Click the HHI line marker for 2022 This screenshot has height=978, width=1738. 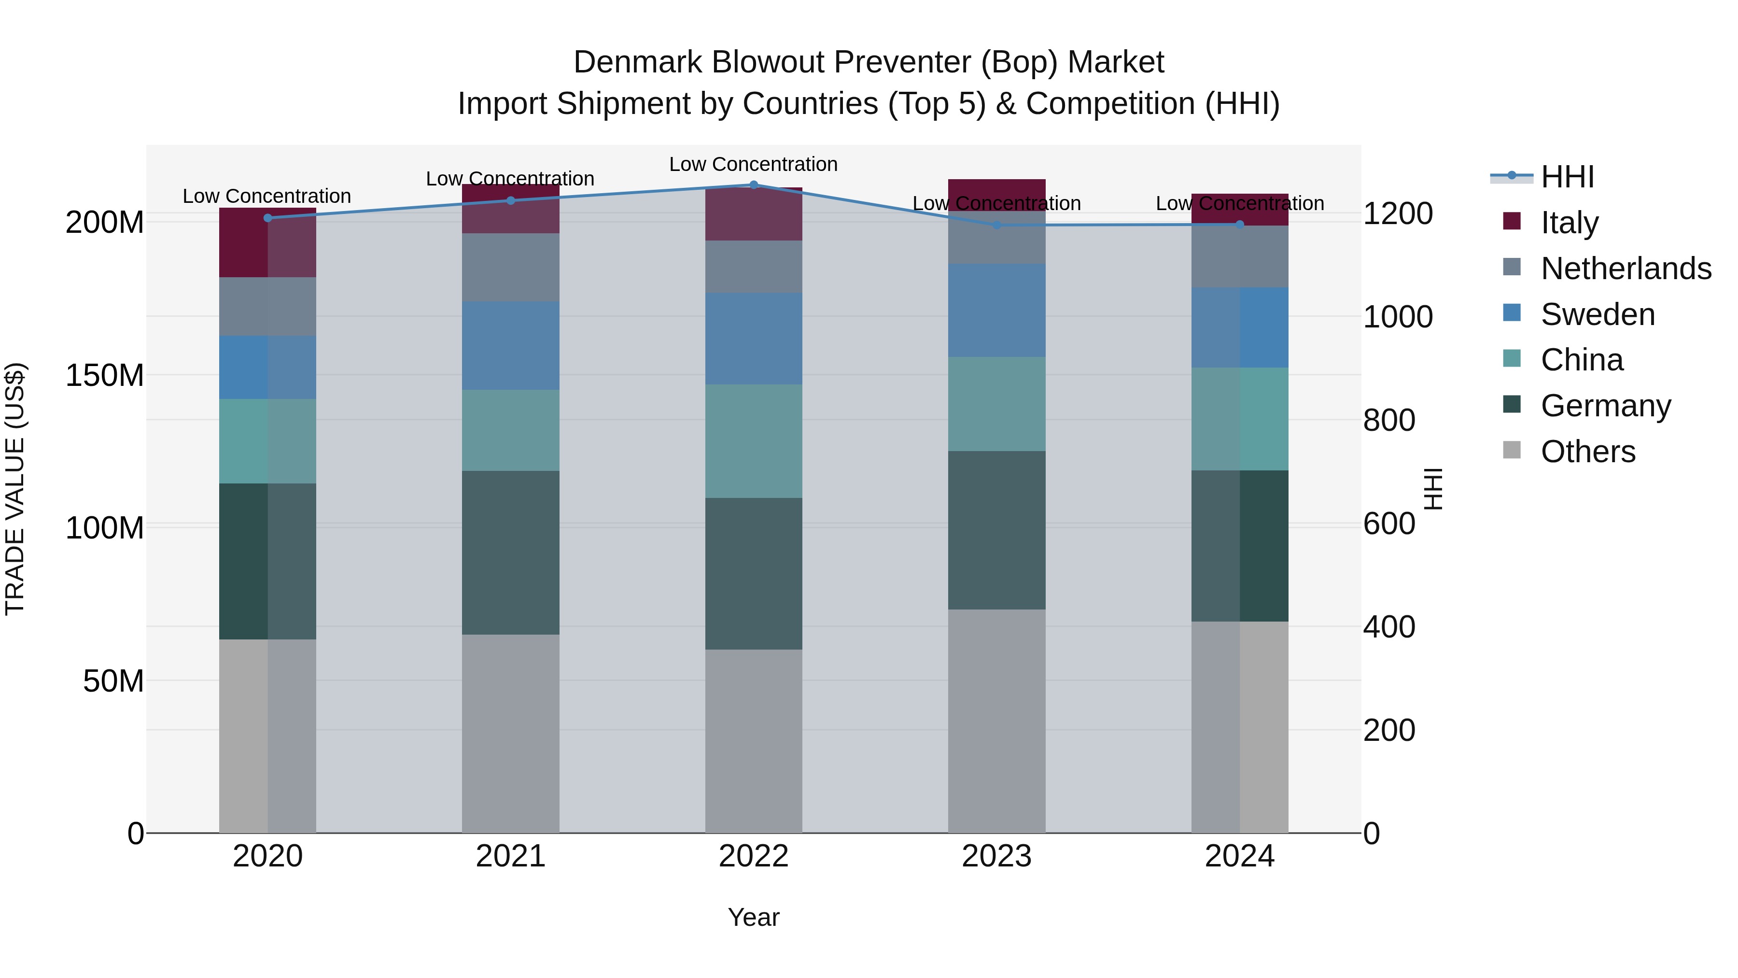click(754, 185)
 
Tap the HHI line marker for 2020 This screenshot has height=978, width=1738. click(268, 218)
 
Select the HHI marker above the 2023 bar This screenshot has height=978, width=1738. click(996, 225)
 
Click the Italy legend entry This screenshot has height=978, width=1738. click(1570, 223)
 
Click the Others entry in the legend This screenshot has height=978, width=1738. click(1587, 452)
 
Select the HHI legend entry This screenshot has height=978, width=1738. click(1567, 177)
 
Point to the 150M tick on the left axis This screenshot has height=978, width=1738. click(105, 375)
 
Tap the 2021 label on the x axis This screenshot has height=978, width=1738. click(511, 856)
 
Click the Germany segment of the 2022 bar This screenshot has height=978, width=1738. click(754, 574)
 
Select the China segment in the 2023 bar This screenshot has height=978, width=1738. click(996, 404)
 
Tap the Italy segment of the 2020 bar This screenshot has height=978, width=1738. click(268, 242)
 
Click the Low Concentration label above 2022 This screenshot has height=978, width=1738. click(753, 165)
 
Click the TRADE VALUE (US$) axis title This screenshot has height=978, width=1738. click(15, 489)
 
